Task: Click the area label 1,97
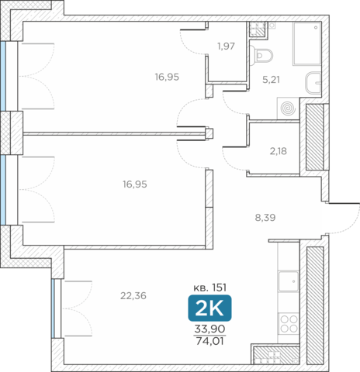click(x=226, y=46)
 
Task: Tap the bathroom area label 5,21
click(x=271, y=80)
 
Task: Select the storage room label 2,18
click(x=279, y=151)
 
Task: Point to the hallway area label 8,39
click(x=265, y=218)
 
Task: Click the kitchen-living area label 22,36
click(x=133, y=296)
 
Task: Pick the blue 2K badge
click(x=209, y=308)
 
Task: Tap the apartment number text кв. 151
click(x=210, y=288)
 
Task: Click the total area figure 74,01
click(x=209, y=341)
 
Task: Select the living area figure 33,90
click(x=209, y=329)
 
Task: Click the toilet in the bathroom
click(x=261, y=56)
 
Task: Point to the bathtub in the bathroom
click(x=307, y=43)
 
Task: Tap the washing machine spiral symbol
click(x=288, y=108)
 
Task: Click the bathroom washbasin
click(x=313, y=83)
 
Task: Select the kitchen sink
click(x=289, y=281)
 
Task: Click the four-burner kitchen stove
click(x=289, y=323)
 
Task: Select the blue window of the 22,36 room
click(x=53, y=308)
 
